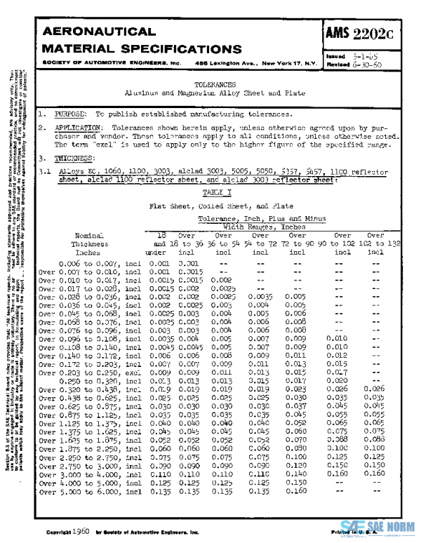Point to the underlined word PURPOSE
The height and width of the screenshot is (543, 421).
tap(69, 114)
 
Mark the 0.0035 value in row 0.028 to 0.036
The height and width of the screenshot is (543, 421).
tap(260, 297)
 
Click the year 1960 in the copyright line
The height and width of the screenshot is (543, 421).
tap(79, 530)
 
